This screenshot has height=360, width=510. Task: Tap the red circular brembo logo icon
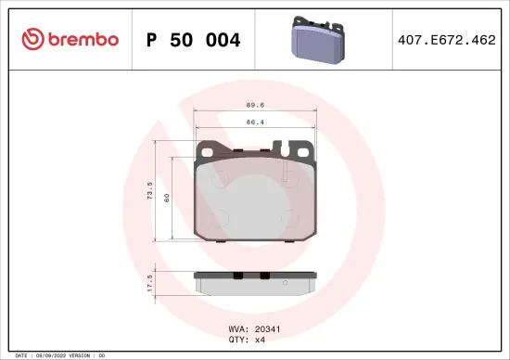click(33, 39)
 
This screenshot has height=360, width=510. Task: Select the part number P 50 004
click(194, 40)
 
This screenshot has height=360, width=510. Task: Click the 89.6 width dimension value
click(255, 106)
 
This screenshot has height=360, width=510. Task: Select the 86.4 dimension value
click(255, 122)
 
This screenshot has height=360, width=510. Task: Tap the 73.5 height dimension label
click(150, 189)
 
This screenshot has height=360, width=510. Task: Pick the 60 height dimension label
click(167, 197)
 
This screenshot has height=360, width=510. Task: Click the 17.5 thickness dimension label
click(150, 282)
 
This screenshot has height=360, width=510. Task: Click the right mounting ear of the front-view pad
click(299, 148)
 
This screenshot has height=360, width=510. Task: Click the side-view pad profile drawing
click(255, 281)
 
